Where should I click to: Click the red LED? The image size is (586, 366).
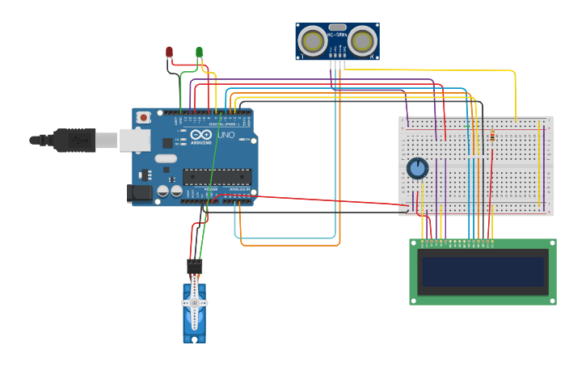169,53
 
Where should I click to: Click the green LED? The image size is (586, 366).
199,53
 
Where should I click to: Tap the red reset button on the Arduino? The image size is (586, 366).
144,117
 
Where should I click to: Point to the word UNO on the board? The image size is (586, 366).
226,135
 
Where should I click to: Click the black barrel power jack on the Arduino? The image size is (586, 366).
140,192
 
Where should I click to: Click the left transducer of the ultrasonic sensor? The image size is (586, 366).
312,40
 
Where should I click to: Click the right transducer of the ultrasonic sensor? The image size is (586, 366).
363,40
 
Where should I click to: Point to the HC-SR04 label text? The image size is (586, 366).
337,35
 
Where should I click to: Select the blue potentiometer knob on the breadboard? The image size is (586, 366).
417,168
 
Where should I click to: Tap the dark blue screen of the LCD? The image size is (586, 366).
483,271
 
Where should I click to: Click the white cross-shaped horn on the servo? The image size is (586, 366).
194,303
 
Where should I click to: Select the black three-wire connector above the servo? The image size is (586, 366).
194,266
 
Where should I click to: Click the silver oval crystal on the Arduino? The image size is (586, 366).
165,158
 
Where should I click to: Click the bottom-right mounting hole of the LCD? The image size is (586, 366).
551,300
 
